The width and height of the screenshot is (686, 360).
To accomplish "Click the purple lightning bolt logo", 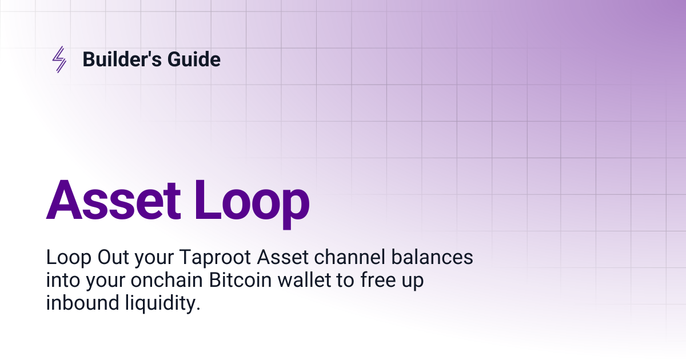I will tap(59, 59).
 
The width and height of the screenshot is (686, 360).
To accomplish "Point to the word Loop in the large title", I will tap(252, 201).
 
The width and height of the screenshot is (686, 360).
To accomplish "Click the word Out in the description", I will tap(115, 258).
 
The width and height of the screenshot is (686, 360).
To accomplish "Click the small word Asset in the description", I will tap(278, 258).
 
